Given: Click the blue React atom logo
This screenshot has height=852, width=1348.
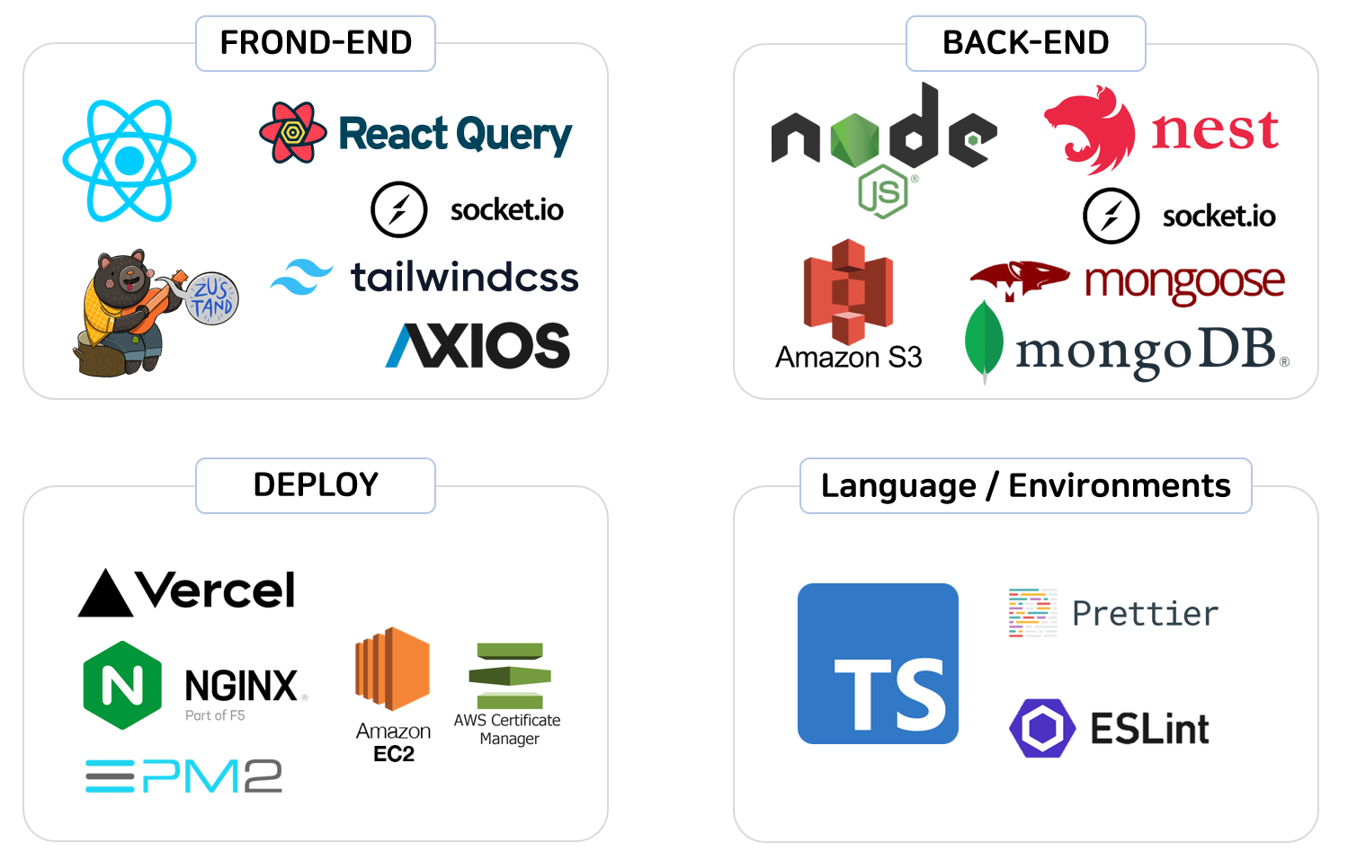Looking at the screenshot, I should pos(129,160).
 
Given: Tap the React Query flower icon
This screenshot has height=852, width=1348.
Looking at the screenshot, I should pos(292,133).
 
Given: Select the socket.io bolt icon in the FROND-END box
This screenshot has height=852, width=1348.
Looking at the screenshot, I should pos(398,209).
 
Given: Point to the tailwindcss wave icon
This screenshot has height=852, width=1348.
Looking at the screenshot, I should pos(301,277).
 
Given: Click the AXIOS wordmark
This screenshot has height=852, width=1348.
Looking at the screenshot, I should pos(478,346).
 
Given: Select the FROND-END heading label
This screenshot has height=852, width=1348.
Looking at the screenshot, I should pos(316,43).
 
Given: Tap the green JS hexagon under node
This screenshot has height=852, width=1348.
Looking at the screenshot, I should pos(883,191).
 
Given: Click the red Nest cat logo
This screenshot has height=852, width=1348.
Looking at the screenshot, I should pos(1090,129).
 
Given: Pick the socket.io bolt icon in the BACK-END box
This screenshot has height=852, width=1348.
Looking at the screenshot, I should pos(1111,216).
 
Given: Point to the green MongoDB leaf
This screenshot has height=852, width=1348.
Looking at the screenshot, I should pos(984,342).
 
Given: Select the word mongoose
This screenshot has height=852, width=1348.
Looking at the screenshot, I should pos(1184,282).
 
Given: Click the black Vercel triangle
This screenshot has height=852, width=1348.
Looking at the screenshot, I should pos(106,594).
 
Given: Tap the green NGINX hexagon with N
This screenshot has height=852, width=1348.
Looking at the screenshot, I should pos(122,685).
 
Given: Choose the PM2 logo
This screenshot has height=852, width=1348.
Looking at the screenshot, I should pos(184,776).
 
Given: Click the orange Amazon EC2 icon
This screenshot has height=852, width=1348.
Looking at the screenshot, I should pos(393,669).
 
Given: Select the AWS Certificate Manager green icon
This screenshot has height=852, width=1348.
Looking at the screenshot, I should pos(509,675).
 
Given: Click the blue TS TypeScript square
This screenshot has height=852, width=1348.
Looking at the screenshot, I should pos(878,663).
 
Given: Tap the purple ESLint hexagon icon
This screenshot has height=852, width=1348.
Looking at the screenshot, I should pos(1042,728).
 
